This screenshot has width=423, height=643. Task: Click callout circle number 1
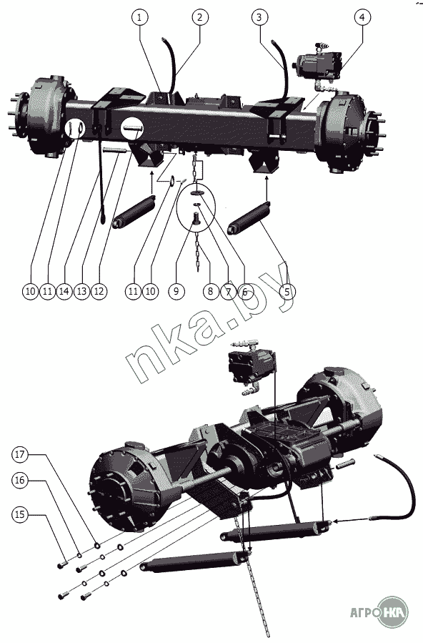tap(140, 18)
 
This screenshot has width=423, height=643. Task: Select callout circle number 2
tap(200, 18)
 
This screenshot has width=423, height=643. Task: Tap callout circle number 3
tap(259, 17)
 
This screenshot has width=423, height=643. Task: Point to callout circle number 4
tap(362, 17)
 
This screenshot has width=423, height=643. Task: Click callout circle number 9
tap(176, 292)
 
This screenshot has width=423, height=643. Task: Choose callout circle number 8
tap(211, 292)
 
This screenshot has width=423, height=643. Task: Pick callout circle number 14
tap(64, 292)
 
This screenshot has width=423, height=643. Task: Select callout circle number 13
tap(81, 292)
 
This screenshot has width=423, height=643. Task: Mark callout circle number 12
tap(99, 292)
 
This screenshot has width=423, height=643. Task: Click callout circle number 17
tap(20, 454)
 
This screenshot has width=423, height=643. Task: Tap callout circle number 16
tap(20, 480)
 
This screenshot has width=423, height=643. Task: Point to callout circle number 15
tap(20, 515)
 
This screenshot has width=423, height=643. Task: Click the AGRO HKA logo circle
tap(393, 612)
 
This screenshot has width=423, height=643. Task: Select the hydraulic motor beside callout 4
tap(318, 64)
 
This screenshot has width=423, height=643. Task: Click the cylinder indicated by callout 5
tap(250, 218)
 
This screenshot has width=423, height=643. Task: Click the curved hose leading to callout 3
tap(282, 66)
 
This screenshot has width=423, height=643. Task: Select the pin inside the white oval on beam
tap(133, 128)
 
